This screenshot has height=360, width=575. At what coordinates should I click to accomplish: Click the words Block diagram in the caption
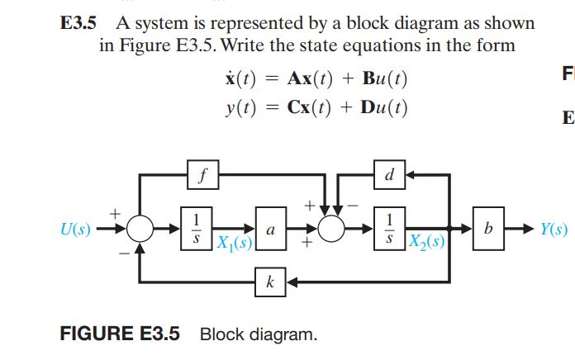click(258, 334)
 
